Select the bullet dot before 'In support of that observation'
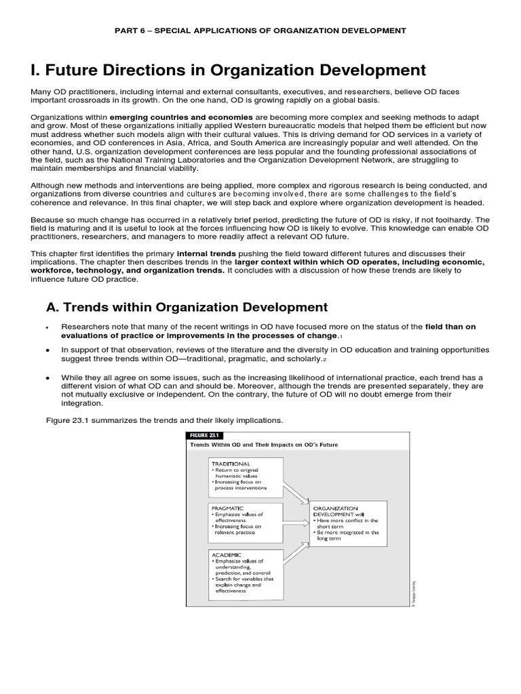point(47,350)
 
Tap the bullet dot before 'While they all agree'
point(47,377)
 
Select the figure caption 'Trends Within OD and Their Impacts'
point(265,445)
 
